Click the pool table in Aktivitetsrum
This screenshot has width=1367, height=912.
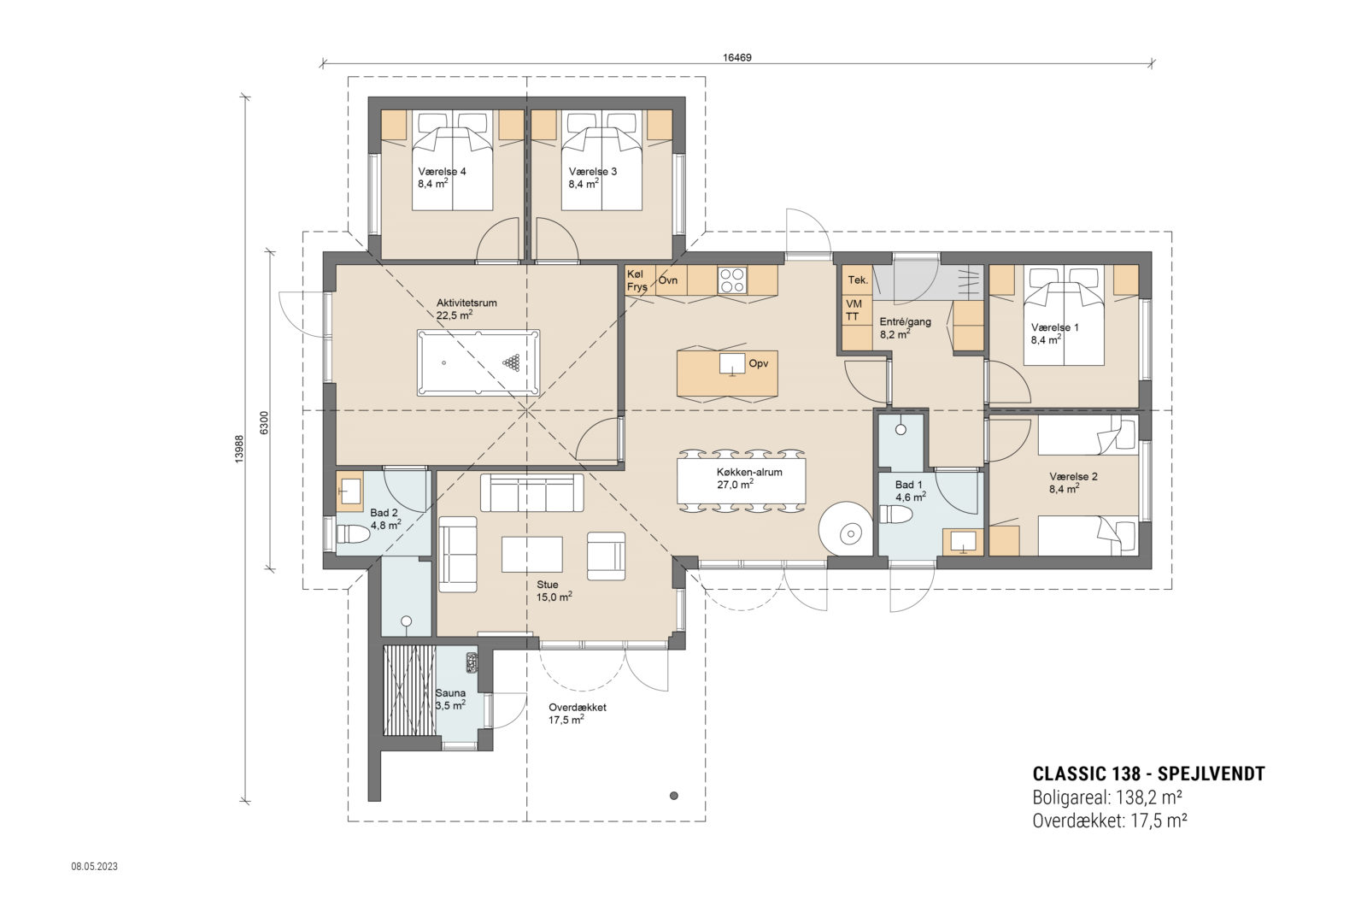point(478,363)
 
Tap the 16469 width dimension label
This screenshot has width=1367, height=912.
point(736,57)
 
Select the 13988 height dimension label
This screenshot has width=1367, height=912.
point(240,449)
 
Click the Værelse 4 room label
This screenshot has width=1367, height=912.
point(441,172)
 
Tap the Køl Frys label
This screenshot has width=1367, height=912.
point(637,280)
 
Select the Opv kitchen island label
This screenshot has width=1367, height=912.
point(758,364)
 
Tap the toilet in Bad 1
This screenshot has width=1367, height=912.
point(896,515)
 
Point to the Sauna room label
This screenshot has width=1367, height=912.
point(450,693)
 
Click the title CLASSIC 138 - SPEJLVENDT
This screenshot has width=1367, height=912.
point(1148,774)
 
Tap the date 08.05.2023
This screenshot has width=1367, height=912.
point(94,867)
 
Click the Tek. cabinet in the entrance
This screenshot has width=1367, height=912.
point(858,280)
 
